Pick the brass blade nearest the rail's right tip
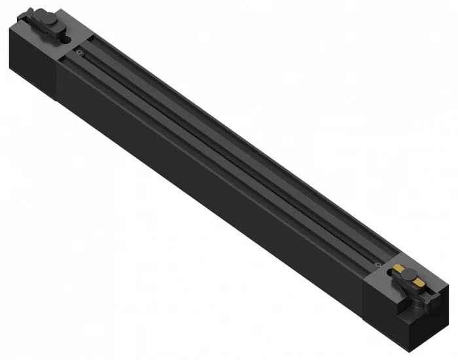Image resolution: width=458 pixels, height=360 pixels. pyautogui.click(x=419, y=283)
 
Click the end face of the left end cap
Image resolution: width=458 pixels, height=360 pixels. pyautogui.click(x=18, y=49)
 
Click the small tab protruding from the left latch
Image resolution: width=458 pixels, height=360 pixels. pyautogui.click(x=66, y=39)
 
